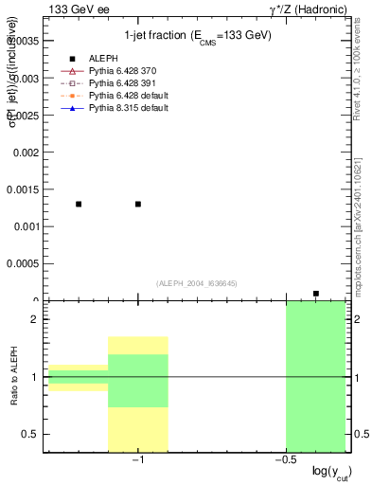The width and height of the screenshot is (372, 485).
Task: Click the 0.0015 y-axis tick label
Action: click(x=22, y=189)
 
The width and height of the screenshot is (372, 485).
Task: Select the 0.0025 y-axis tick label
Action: click(x=22, y=115)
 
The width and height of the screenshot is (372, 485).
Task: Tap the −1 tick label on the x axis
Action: click(x=137, y=460)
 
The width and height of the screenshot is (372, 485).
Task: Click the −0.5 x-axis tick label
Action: click(x=283, y=460)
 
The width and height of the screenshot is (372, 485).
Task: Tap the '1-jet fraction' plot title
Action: click(x=198, y=36)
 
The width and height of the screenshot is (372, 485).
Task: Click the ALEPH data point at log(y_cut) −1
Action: click(x=138, y=204)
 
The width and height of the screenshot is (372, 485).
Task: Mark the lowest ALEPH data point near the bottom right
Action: click(x=316, y=294)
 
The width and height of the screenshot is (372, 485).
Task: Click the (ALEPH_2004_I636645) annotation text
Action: click(x=195, y=283)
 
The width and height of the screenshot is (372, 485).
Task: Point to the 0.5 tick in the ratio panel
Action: click(x=31, y=434)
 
